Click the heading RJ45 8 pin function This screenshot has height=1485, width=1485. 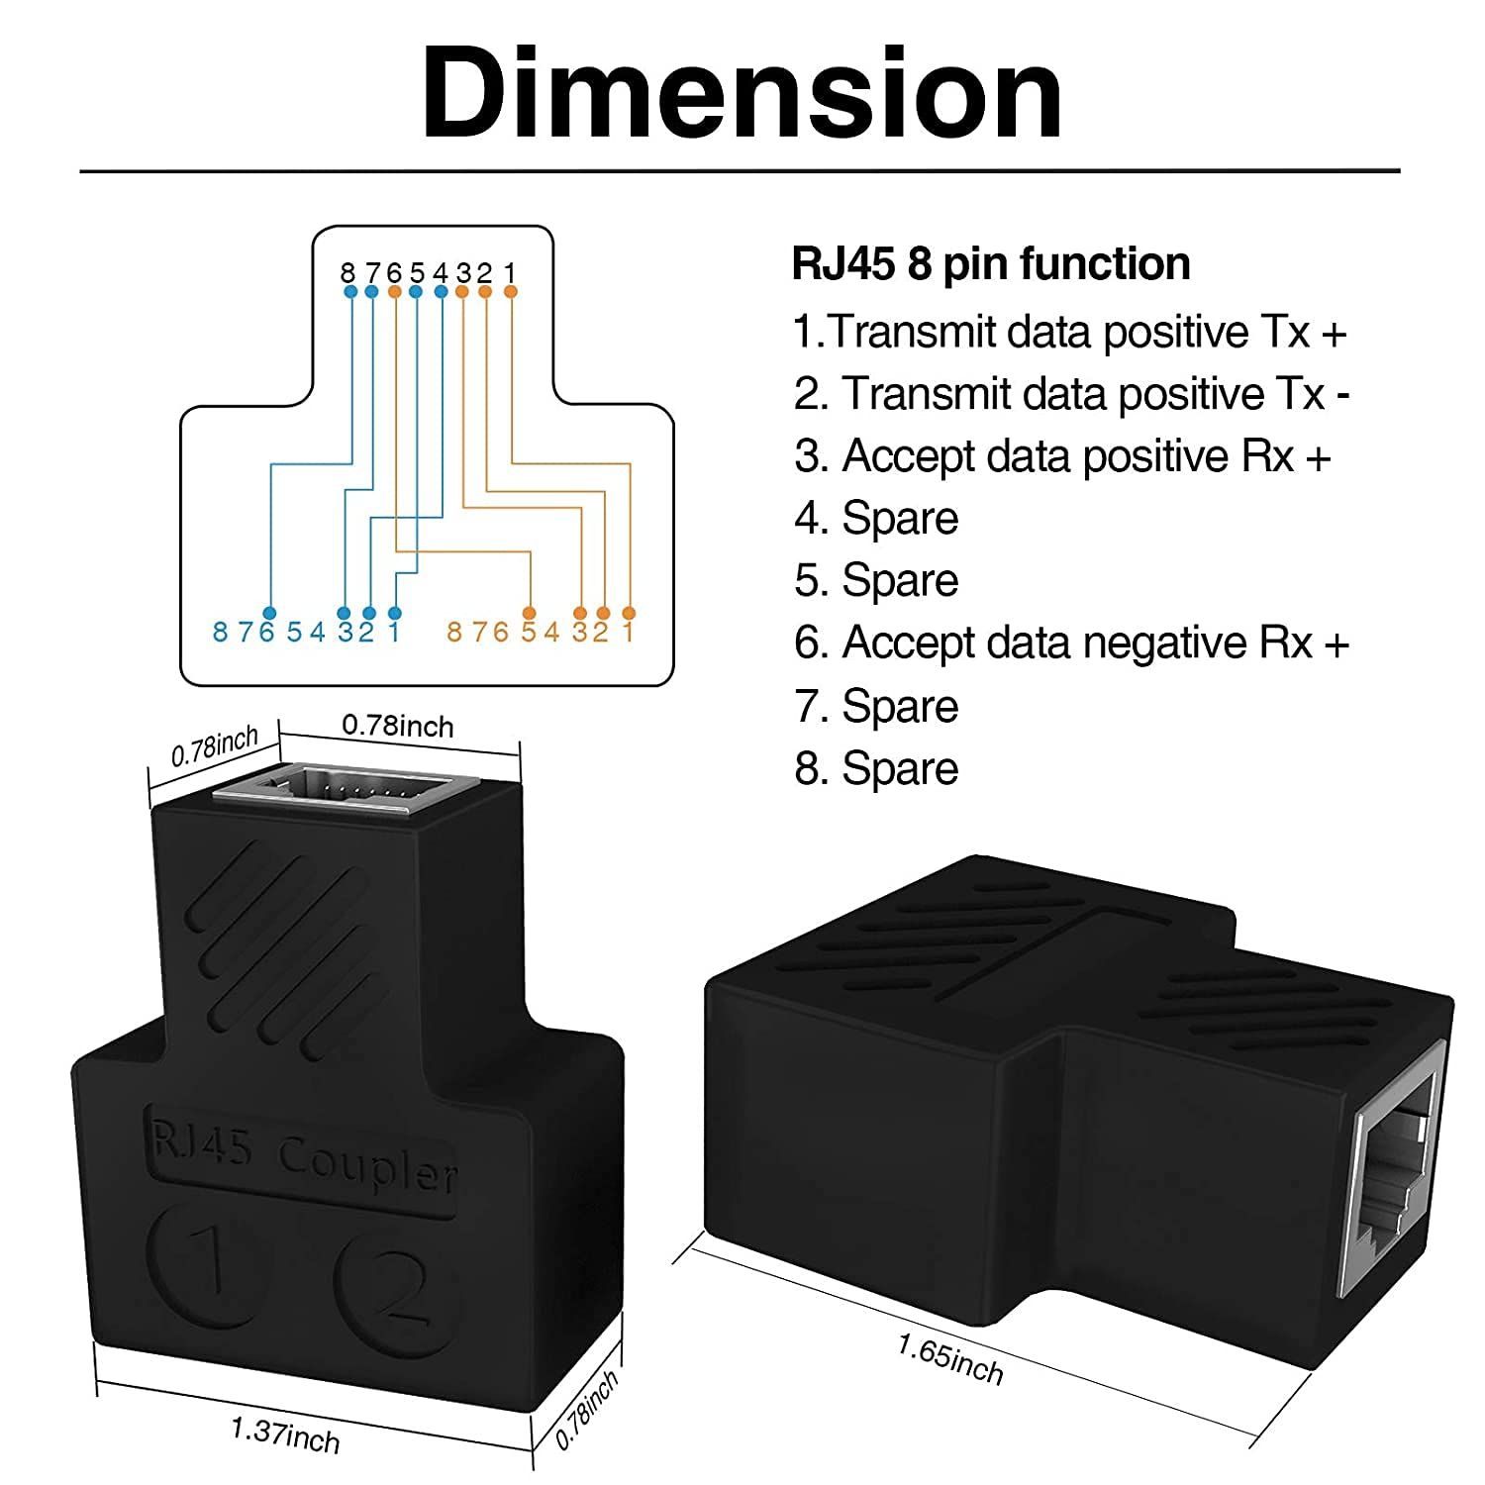click(991, 264)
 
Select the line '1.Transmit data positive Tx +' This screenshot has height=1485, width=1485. click(1070, 332)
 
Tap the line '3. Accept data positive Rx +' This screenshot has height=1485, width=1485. click(1062, 456)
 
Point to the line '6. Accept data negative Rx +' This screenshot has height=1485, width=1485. click(1071, 643)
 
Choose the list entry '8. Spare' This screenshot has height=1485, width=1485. click(876, 768)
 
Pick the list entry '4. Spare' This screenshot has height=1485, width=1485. click(876, 519)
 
